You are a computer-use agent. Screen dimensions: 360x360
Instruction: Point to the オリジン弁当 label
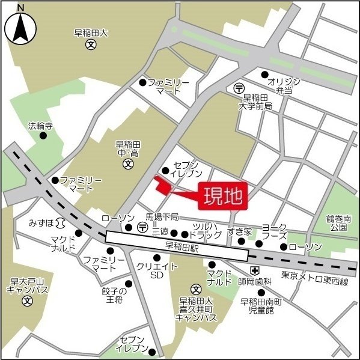pyautogui.click(x=279, y=85)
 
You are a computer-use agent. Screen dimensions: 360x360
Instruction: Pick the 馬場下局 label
pyautogui.click(x=162, y=216)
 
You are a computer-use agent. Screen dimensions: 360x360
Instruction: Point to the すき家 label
pyautogui.click(x=239, y=231)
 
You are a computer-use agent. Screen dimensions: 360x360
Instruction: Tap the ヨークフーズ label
pyautogui.click(x=273, y=231)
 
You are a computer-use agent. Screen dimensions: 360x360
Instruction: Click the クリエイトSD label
pyautogui.click(x=157, y=270)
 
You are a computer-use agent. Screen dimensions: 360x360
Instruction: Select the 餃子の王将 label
pyautogui.click(x=112, y=295)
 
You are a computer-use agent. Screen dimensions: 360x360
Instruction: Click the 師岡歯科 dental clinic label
pyautogui.click(x=254, y=281)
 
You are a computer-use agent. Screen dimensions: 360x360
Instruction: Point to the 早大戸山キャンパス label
pyautogui.click(x=26, y=285)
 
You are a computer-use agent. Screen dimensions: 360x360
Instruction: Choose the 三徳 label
pyautogui.click(x=160, y=231)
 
